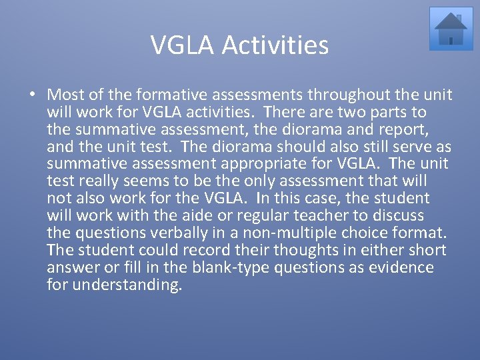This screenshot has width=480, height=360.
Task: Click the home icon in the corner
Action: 451,29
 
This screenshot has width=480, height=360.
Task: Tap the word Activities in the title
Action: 275,45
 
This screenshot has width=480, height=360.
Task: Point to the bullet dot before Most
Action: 33,95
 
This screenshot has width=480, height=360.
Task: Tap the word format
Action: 417,233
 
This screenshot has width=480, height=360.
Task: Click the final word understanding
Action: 127,285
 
